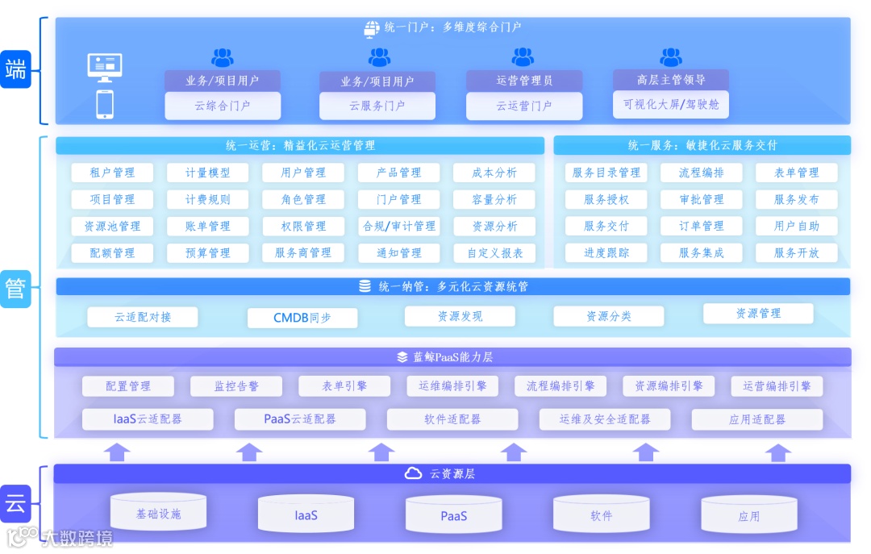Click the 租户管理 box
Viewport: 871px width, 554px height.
(x=112, y=173)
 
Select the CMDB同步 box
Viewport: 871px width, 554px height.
(x=302, y=318)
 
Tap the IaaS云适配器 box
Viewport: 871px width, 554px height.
(x=148, y=419)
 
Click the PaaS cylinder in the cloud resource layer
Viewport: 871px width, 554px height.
(x=453, y=515)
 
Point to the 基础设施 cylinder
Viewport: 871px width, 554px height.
(x=158, y=513)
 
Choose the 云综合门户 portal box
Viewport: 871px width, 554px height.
(x=223, y=106)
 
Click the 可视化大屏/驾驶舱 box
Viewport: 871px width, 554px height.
(x=671, y=105)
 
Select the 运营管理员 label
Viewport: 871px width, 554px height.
(x=524, y=81)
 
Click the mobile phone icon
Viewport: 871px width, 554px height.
(x=105, y=104)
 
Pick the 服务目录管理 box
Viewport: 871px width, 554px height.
(x=606, y=173)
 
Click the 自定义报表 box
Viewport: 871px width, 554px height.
(x=495, y=252)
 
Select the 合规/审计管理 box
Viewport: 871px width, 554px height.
(x=399, y=227)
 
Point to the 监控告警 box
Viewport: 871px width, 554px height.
(x=236, y=386)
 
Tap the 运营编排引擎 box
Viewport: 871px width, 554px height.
(x=777, y=386)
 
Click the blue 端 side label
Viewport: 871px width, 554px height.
(x=15, y=69)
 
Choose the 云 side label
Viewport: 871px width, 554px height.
(x=15, y=506)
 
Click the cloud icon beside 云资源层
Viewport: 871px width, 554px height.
(x=413, y=473)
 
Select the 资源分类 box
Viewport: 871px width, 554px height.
(x=609, y=316)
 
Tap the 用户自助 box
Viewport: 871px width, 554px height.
(x=796, y=227)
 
